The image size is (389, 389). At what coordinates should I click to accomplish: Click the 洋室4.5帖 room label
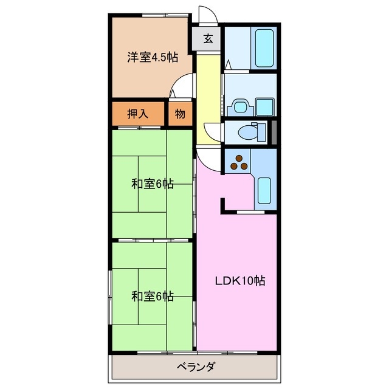pyautogui.click(x=152, y=58)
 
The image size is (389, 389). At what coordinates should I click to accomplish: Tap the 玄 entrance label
pyautogui.click(x=208, y=40)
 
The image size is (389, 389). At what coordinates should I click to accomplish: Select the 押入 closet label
pyautogui.click(x=137, y=113)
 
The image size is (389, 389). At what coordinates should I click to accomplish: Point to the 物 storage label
pyautogui.click(x=181, y=113)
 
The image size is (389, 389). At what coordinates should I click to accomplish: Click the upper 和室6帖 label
pyautogui.click(x=153, y=184)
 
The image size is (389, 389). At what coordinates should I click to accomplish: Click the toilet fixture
pyautogui.click(x=250, y=131)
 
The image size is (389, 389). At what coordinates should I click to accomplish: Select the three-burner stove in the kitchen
pyautogui.click(x=238, y=163)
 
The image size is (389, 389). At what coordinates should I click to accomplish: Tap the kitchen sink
pyautogui.click(x=265, y=190)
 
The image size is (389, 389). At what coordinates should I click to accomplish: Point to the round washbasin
pyautogui.click(x=238, y=106)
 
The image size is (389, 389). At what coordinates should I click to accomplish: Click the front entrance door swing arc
pyautogui.click(x=207, y=15)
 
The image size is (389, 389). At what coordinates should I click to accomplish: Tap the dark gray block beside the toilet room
pyautogui.click(x=274, y=131)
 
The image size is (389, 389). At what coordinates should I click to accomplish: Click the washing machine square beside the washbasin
pyautogui.click(x=264, y=106)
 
